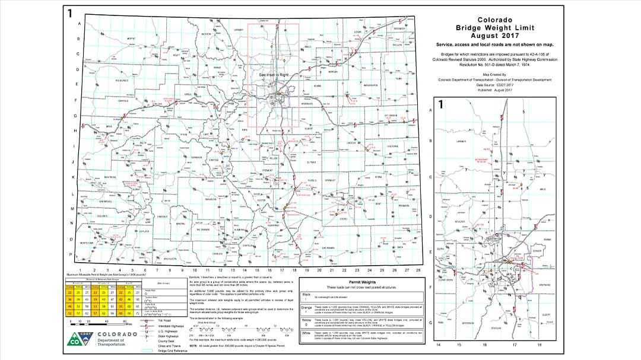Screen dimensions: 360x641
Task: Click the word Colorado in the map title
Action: coord(495,20)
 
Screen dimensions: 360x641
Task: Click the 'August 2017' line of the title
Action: coord(495,36)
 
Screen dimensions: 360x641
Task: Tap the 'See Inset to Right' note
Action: coord(274,75)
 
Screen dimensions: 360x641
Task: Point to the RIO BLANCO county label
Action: coord(122,80)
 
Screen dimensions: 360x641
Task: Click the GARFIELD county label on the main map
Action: coord(123,101)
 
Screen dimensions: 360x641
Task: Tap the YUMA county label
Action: coord(398,78)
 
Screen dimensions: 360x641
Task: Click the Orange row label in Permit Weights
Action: coord(307,307)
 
